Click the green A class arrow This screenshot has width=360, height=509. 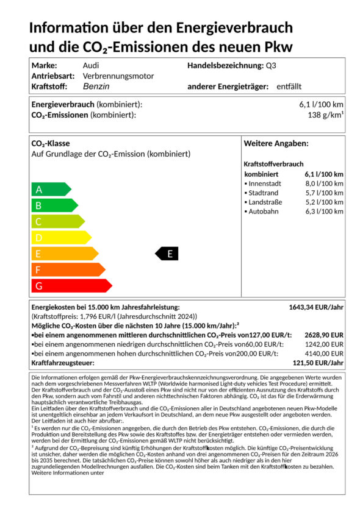(x=50, y=190)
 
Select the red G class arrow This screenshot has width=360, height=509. (x=70, y=285)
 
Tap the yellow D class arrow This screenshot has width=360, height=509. (x=60, y=238)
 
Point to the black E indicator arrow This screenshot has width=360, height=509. (x=167, y=254)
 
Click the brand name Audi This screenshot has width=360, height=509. (x=90, y=65)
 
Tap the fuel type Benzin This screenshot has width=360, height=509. (x=96, y=87)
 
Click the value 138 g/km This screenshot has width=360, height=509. (x=325, y=115)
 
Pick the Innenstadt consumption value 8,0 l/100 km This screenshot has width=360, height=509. (x=324, y=183)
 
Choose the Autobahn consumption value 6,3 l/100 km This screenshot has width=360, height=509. (x=324, y=212)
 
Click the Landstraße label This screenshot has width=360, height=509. (x=266, y=202)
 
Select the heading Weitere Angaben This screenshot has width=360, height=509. (x=276, y=143)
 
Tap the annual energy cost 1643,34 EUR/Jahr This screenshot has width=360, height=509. (x=316, y=307)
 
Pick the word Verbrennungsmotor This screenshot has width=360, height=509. (x=118, y=76)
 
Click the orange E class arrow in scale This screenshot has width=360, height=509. (x=63, y=254)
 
